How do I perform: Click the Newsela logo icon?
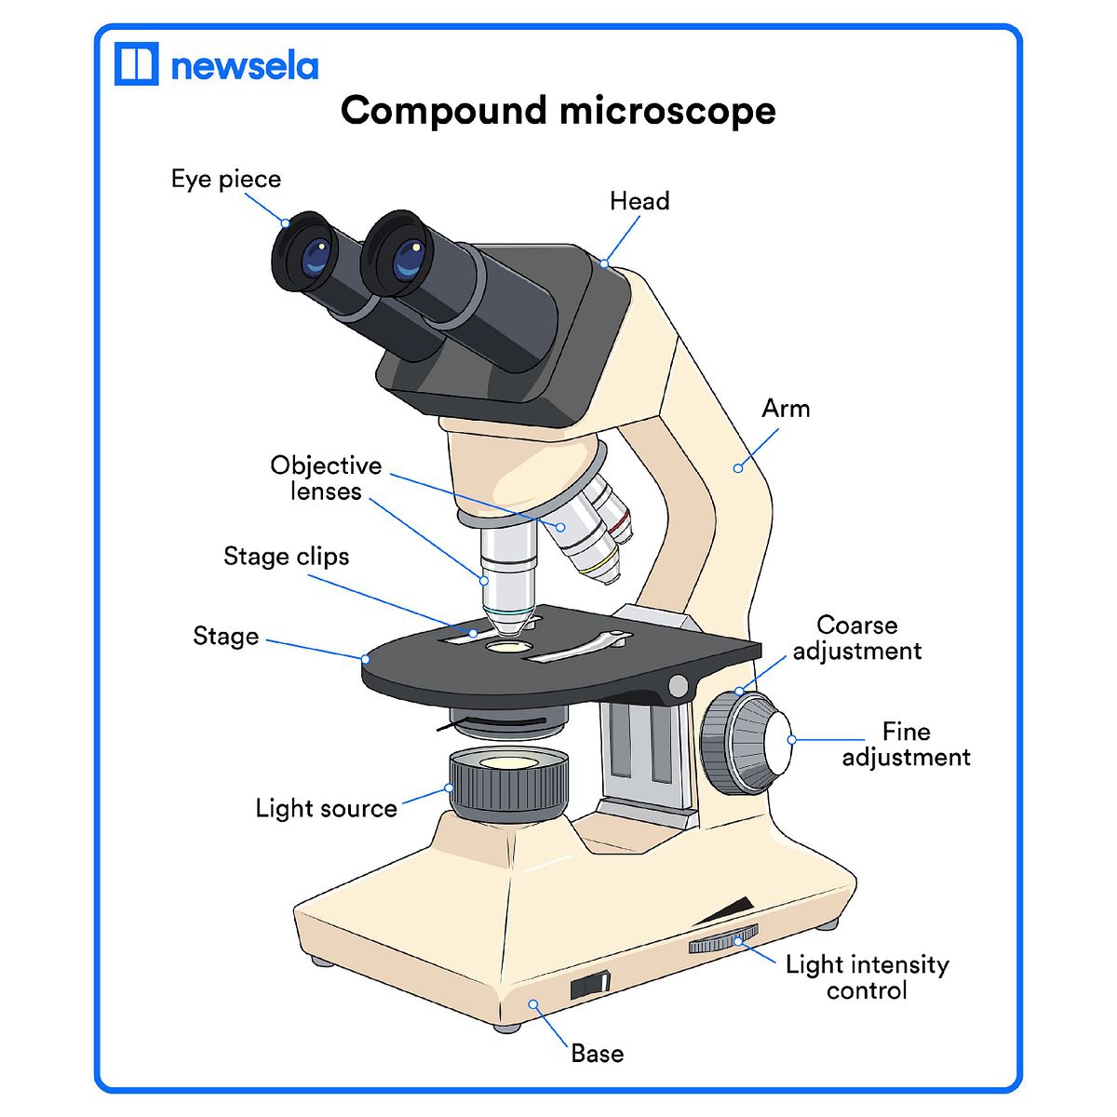click(x=136, y=63)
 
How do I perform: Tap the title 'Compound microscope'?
click(x=558, y=111)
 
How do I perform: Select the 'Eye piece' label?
click(x=226, y=179)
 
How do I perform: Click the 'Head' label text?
click(x=639, y=201)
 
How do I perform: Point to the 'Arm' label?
click(x=786, y=409)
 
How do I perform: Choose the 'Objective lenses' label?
click(x=326, y=478)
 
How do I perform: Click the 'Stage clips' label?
click(x=287, y=557)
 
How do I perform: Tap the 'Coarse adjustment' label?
click(x=857, y=638)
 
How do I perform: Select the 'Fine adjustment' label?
click(x=906, y=744)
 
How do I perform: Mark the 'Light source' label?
click(x=326, y=808)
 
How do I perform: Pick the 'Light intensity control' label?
click(x=867, y=976)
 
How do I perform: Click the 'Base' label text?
click(x=598, y=1054)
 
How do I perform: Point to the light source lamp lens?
click(x=508, y=762)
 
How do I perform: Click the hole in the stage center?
click(x=507, y=646)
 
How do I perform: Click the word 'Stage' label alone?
click(x=226, y=637)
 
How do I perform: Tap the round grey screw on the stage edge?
click(x=679, y=687)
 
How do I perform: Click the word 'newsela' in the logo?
click(x=245, y=66)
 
